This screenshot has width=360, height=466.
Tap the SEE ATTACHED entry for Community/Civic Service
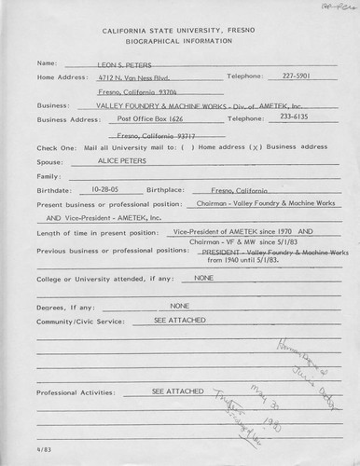[173, 318]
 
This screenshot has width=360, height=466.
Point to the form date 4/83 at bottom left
[44, 451]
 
